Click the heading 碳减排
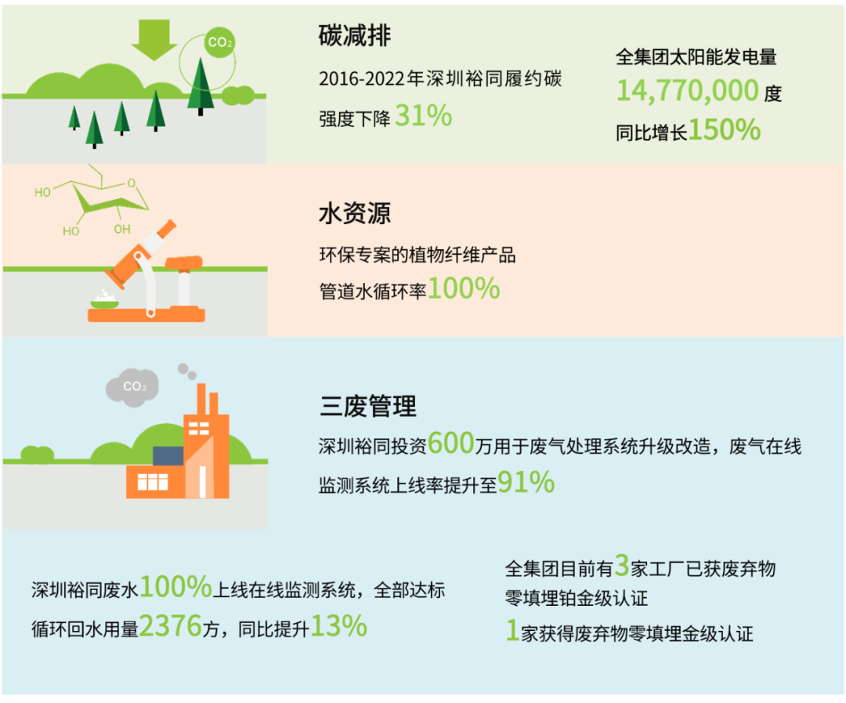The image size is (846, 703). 355,36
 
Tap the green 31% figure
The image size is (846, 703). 424,115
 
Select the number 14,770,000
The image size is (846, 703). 688,91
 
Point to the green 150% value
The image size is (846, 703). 724,130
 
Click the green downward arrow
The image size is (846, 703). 154,39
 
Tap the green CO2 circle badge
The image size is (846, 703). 219,42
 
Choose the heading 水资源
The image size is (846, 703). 355,213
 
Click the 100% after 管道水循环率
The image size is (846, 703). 464,288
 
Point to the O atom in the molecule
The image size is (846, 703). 131,183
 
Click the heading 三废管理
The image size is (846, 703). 367,407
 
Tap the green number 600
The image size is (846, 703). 451,444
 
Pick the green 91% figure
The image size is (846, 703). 526,482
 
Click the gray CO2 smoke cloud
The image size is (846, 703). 132,386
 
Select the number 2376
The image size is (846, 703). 171,626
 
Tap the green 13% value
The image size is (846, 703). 339,626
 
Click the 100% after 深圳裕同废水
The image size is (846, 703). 176,587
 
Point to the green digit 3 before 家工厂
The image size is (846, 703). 622,565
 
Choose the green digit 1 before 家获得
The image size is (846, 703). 512,630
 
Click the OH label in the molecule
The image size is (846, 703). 122,229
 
